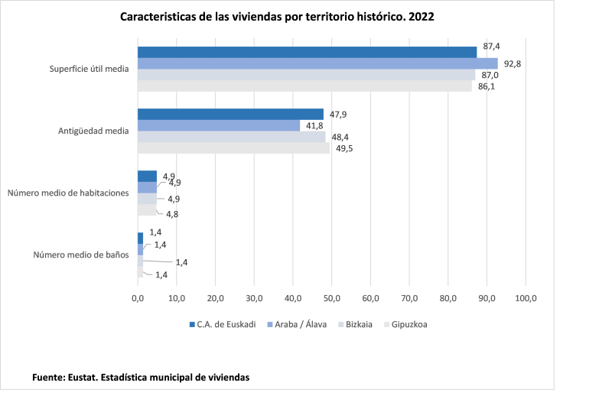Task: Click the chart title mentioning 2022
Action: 277,16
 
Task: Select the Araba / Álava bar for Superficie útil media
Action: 317,63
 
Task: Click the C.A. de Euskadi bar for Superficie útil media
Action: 307,52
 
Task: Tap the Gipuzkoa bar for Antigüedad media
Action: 233,148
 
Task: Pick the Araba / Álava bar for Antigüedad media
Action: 219,125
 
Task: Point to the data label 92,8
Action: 512,63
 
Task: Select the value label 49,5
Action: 345,148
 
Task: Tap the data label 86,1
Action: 487,87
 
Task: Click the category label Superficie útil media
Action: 89,70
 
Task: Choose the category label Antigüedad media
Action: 93,131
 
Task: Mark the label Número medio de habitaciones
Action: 68,193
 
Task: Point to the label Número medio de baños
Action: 80,254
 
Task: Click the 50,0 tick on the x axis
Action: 331,298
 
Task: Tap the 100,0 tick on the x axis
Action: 526,298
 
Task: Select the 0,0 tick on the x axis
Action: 138,298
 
